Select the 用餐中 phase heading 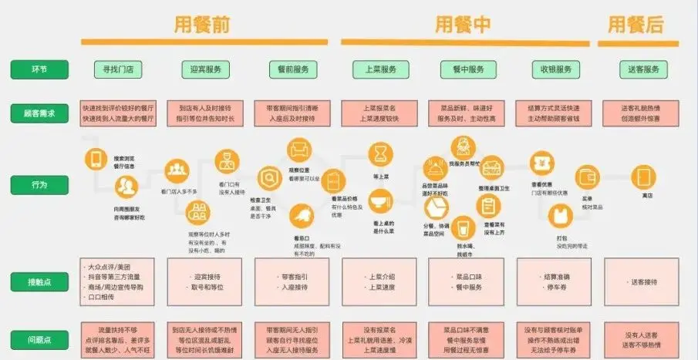(x=464, y=25)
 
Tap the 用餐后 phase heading (x=636, y=25)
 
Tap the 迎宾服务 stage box (x=205, y=69)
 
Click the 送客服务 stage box (x=641, y=69)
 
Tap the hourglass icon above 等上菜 (x=379, y=156)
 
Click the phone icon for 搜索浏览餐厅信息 (x=96, y=159)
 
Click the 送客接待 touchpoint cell (x=642, y=282)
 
